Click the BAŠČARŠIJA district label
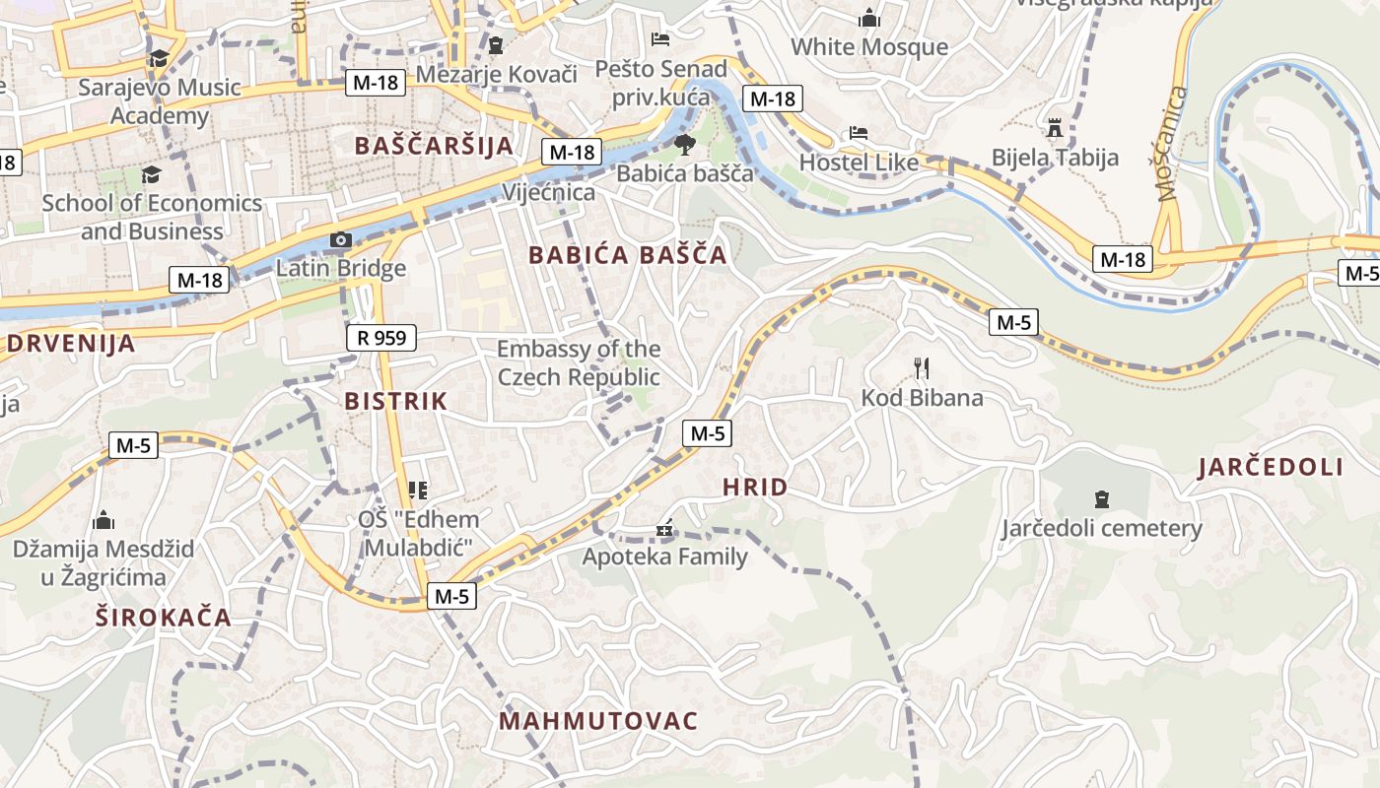point(434,146)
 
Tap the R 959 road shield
point(381,339)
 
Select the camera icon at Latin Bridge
point(340,240)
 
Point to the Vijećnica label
point(549,192)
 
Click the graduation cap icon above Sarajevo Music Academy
point(159,59)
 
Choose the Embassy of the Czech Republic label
point(579,362)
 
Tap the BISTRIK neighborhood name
point(395,401)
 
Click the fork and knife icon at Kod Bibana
point(922,368)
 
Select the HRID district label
point(755,487)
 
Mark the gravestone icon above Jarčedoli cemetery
point(1102,499)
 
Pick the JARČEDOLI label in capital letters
point(1271,468)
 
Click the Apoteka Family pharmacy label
point(664,557)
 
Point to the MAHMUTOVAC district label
point(598,721)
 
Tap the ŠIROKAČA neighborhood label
point(164,618)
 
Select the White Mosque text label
point(868,46)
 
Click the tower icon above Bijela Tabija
point(1055,128)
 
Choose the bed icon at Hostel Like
point(859,133)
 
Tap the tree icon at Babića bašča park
point(684,146)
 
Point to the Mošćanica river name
point(1173,144)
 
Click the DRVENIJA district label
point(71,344)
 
